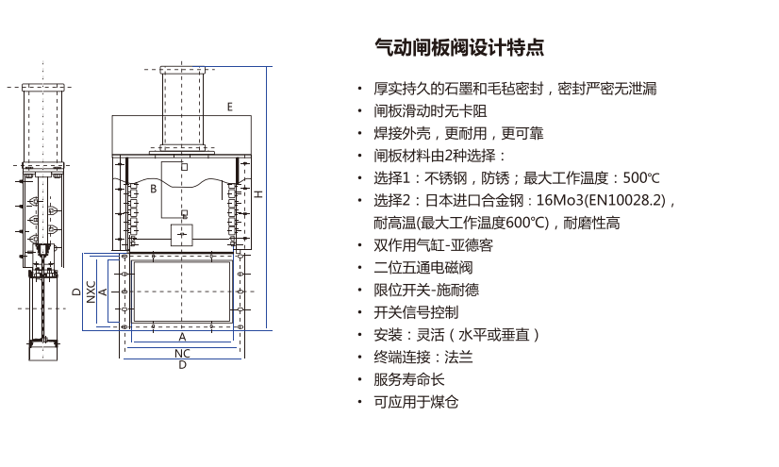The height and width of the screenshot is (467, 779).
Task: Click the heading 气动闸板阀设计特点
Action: pyautogui.click(x=459, y=48)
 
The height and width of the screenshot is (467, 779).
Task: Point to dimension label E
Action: pyautogui.click(x=229, y=107)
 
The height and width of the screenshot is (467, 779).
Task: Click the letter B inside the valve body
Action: pyautogui.click(x=154, y=189)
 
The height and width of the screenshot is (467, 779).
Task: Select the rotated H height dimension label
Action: pyautogui.click(x=258, y=194)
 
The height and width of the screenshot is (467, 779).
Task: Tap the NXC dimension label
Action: pyautogui.click(x=91, y=292)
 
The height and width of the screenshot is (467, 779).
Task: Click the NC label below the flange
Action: pyautogui.click(x=182, y=353)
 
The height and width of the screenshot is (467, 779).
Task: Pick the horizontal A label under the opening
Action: pyautogui.click(x=182, y=338)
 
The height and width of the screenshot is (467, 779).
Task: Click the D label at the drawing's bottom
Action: pyautogui.click(x=182, y=365)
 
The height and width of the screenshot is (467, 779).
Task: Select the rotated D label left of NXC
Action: pyautogui.click(x=76, y=292)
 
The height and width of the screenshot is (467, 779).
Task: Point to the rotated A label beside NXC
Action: pyautogui.click(x=103, y=292)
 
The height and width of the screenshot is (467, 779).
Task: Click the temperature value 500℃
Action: pyautogui.click(x=641, y=178)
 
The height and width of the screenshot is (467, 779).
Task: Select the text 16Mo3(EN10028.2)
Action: pyautogui.click(x=601, y=200)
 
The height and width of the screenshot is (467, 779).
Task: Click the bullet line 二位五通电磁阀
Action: pyautogui.click(x=423, y=267)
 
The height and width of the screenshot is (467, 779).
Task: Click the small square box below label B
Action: pyautogui.click(x=181, y=235)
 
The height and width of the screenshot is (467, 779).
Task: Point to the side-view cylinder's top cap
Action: pyautogui.click(x=43, y=88)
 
